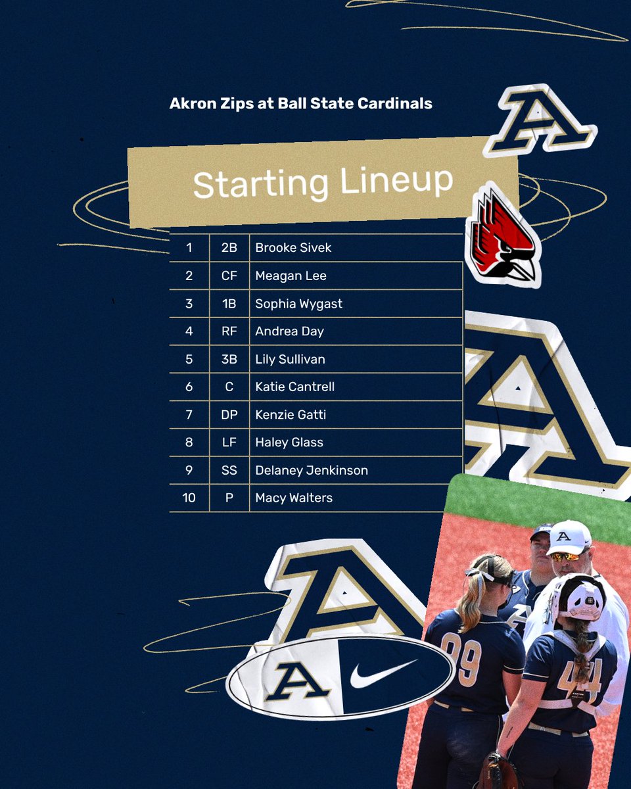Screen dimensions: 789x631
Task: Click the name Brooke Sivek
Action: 293,248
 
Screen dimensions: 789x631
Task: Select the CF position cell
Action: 229,276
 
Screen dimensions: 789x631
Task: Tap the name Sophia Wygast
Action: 298,304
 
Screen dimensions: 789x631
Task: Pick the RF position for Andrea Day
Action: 229,331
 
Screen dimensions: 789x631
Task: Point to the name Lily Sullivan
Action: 290,359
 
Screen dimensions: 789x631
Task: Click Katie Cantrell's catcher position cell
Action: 229,387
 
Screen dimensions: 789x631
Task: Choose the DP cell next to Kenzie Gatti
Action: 229,415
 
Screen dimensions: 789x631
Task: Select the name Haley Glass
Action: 289,442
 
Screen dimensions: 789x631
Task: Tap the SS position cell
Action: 229,470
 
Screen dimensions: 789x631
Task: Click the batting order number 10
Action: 189,498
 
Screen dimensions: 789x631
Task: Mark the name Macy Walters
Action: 294,498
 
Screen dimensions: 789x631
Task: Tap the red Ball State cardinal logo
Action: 502,237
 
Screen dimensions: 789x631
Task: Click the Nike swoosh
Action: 384,673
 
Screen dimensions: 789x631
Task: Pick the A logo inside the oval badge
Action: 297,681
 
